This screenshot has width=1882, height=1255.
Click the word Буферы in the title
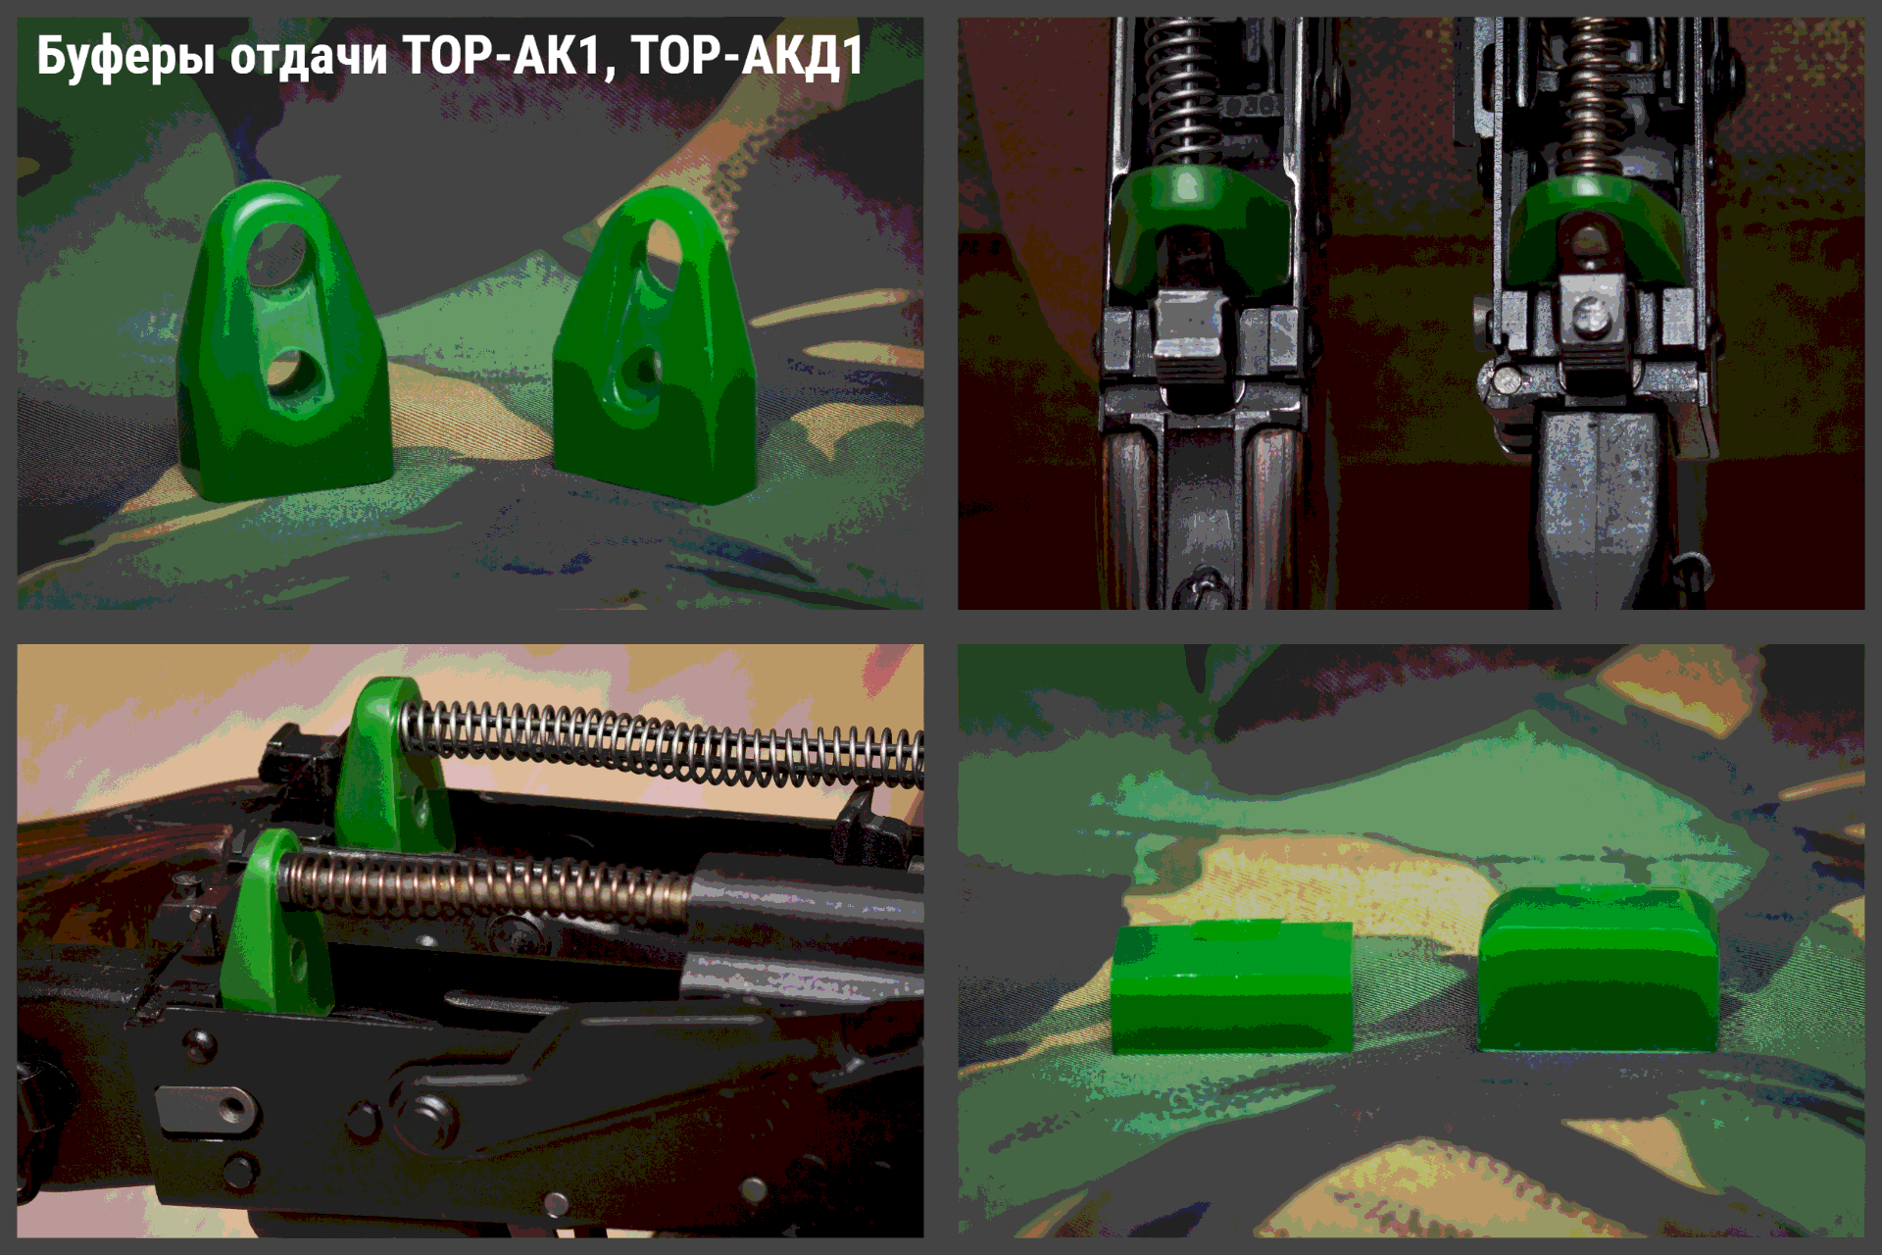[125, 56]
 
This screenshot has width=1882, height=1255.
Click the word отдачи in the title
[309, 57]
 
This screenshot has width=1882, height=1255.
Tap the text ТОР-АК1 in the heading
[510, 55]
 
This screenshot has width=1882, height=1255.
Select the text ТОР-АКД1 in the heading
[747, 55]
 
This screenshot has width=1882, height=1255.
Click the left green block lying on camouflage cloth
[1232, 986]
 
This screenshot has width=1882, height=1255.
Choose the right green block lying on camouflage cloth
[1598, 969]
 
